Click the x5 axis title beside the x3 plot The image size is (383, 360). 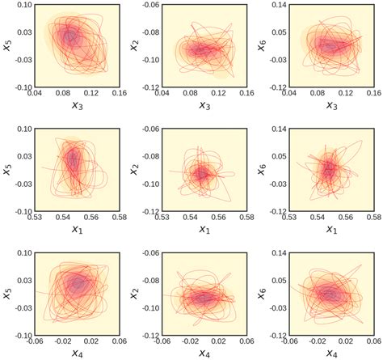[x=8, y=45]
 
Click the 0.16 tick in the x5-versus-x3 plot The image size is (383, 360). [x=120, y=94]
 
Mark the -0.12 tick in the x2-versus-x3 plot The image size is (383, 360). [x=148, y=87]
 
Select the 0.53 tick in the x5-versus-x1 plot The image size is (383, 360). [x=36, y=218]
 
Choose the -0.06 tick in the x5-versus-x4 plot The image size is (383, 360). [x=36, y=341]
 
